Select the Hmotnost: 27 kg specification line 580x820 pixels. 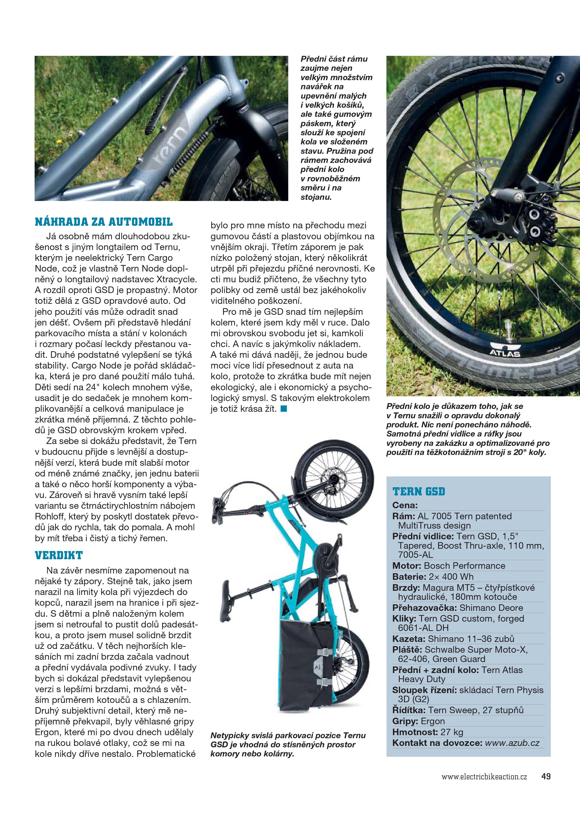point(427,732)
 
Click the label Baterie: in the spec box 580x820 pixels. point(409,577)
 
